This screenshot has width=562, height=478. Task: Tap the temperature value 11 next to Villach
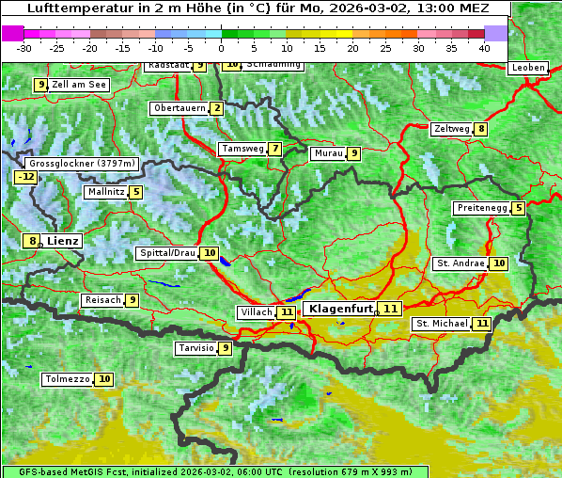(x=287, y=312)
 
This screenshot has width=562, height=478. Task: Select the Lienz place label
(x=63, y=241)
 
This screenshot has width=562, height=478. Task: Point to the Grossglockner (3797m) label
(x=82, y=164)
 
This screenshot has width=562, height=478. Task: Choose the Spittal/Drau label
(x=167, y=253)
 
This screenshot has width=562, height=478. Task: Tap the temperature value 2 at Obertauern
(x=217, y=108)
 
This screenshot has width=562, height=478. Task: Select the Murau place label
(x=328, y=153)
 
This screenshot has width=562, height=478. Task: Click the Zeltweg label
(x=451, y=129)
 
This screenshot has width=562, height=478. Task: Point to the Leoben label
(x=527, y=68)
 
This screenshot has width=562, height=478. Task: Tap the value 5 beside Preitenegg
(x=519, y=208)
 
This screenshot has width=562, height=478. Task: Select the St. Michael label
(x=442, y=324)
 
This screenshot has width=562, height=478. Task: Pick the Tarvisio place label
(x=195, y=348)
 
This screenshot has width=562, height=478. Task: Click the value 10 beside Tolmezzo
(x=103, y=379)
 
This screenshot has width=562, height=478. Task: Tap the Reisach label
(x=102, y=300)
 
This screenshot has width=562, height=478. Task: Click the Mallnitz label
(x=104, y=192)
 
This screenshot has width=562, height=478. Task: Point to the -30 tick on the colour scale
(x=24, y=47)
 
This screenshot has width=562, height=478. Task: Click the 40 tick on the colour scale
(x=484, y=47)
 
